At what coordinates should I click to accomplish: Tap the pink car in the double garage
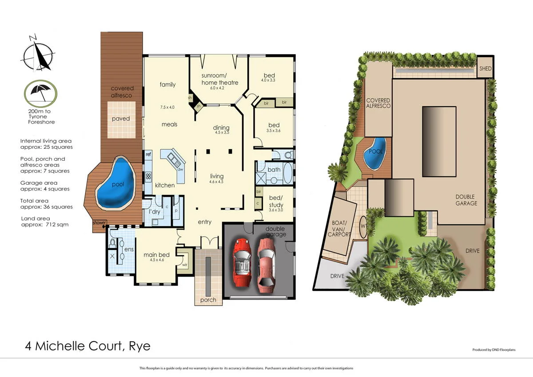(267, 262)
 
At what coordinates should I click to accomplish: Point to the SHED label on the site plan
(485, 69)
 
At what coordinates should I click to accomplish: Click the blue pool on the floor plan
(117, 183)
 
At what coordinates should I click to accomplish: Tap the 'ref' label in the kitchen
(149, 155)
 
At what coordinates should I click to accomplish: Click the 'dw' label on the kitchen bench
(180, 169)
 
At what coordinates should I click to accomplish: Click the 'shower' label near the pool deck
(99, 222)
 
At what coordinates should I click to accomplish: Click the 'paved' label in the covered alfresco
(121, 119)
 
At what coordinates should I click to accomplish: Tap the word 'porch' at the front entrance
(208, 300)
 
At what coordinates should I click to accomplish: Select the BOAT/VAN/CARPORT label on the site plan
(339, 228)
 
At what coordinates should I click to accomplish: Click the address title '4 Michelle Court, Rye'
(88, 345)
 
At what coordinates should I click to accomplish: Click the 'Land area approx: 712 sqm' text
(44, 222)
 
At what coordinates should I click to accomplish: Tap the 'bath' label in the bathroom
(274, 170)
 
